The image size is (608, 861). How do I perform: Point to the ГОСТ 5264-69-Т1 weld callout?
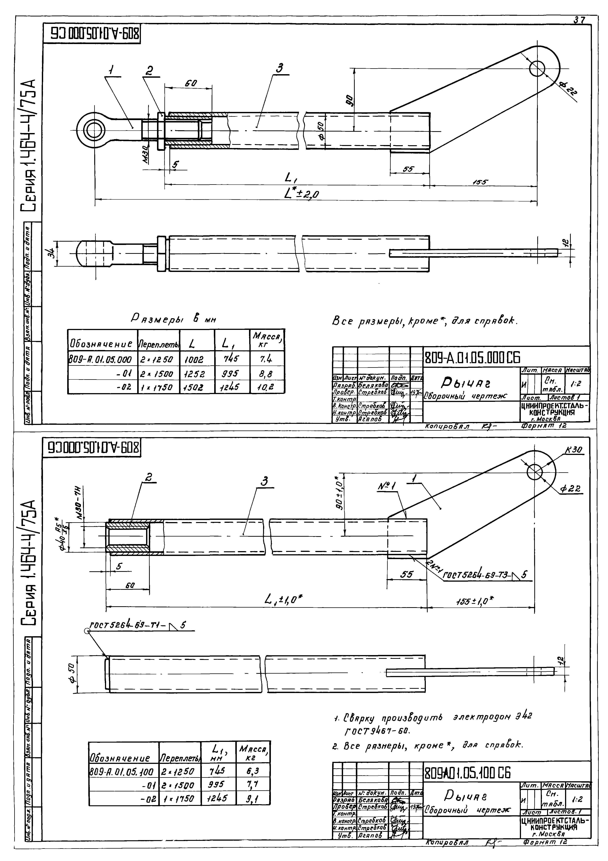[x=137, y=625]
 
